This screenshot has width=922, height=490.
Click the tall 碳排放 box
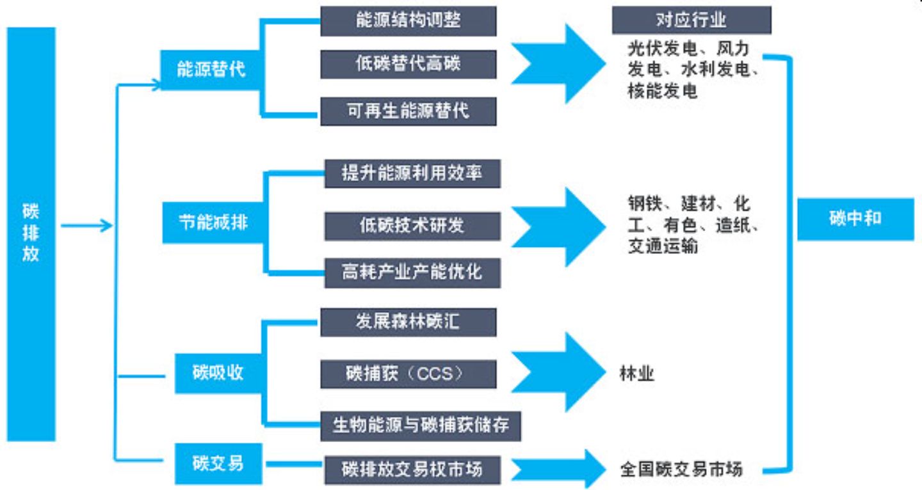tap(31, 234)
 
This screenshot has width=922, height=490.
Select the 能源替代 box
tap(210, 70)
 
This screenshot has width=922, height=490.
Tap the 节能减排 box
tap(213, 223)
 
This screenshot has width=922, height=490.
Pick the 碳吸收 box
tap(218, 373)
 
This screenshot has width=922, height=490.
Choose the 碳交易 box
tap(218, 464)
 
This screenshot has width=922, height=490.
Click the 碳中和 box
tap(855, 219)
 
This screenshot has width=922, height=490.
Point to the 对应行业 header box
tap(691, 20)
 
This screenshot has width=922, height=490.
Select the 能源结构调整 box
tap(408, 21)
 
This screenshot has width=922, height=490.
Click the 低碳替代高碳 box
tap(408, 64)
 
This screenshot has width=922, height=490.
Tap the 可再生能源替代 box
tap(408, 111)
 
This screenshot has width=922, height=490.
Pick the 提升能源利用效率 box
tap(412, 173)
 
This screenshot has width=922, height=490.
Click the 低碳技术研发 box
tap(412, 226)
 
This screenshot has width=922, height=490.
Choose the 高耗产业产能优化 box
tap(412, 273)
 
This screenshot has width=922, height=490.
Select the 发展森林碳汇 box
tap(408, 322)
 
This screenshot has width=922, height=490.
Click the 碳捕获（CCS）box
tap(408, 374)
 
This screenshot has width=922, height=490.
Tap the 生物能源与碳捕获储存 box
tap(421, 426)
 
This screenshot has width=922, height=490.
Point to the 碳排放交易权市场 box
tap(412, 470)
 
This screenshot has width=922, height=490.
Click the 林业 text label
tap(636, 374)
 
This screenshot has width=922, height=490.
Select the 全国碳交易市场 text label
tap(681, 470)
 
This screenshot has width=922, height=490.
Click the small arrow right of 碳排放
tap(86, 225)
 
